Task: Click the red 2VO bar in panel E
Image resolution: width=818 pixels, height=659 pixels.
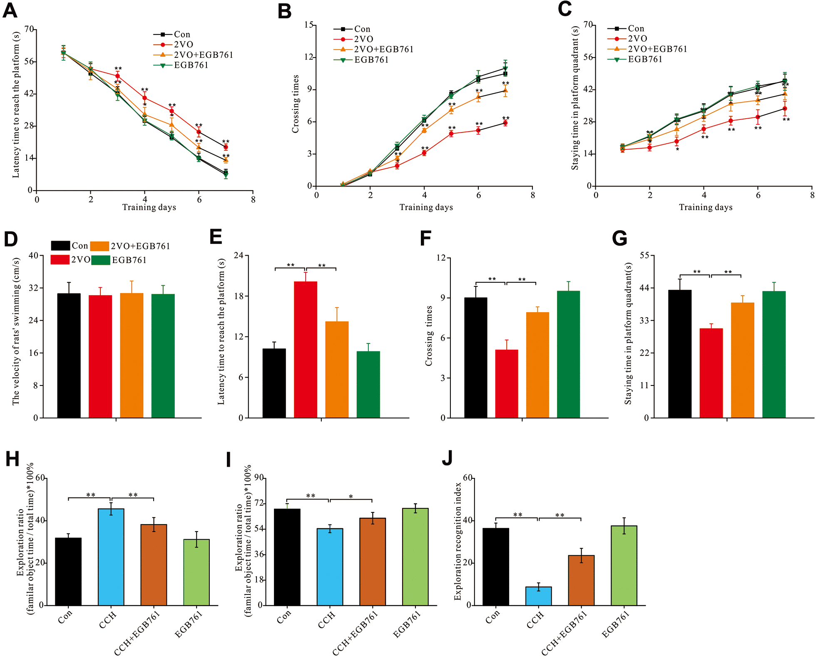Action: tap(305, 350)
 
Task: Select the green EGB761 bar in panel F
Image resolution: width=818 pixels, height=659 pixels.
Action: tap(568, 354)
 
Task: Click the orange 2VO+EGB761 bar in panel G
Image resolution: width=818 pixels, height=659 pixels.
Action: tap(742, 360)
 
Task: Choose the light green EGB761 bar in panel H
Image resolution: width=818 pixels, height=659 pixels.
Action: tap(196, 572)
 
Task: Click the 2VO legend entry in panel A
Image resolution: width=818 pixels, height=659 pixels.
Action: tap(183, 45)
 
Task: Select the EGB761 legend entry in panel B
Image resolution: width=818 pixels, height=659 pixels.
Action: tap(371, 60)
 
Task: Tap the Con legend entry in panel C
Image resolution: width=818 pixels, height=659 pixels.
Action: tap(636, 29)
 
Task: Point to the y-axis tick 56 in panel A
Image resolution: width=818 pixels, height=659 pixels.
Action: tap(29, 62)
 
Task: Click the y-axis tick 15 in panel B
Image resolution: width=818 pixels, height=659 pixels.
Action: tap(308, 25)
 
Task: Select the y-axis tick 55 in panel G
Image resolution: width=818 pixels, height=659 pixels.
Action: tap(644, 256)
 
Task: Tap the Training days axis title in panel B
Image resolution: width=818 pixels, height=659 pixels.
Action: tap(426, 207)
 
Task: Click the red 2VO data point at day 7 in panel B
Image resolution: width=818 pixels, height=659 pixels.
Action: tap(505, 123)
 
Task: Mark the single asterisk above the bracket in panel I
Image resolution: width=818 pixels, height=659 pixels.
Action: tap(351, 497)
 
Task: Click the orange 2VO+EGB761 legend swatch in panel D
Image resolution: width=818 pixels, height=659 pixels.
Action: tap(99, 246)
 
